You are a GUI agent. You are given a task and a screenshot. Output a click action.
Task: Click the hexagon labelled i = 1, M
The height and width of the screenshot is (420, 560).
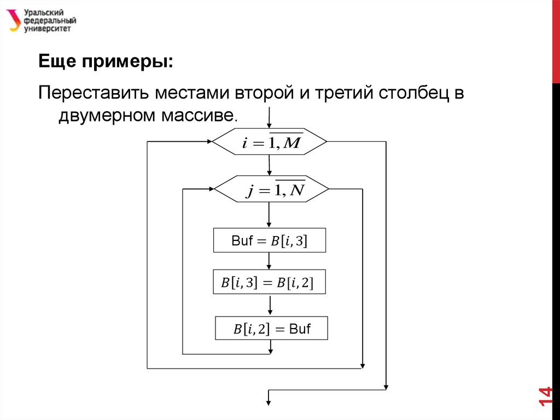pyautogui.click(x=269, y=142)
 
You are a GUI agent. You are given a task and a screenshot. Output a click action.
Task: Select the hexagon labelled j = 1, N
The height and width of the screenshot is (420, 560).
pyautogui.click(x=271, y=189)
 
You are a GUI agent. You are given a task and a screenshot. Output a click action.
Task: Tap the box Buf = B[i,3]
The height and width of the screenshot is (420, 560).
pyautogui.click(x=269, y=240)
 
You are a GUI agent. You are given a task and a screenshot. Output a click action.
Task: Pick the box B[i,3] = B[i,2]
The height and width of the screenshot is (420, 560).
pyautogui.click(x=270, y=283)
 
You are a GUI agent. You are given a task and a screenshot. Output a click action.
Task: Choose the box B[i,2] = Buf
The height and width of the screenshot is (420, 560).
pyautogui.click(x=271, y=329)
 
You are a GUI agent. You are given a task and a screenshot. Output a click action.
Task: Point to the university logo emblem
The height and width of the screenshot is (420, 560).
pyautogui.click(x=13, y=21)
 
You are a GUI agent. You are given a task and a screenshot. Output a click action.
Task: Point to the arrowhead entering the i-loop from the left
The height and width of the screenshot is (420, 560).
pyautogui.click(x=209, y=142)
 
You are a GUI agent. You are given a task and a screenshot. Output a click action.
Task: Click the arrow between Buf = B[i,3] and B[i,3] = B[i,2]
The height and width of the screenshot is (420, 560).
pyautogui.click(x=270, y=261)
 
